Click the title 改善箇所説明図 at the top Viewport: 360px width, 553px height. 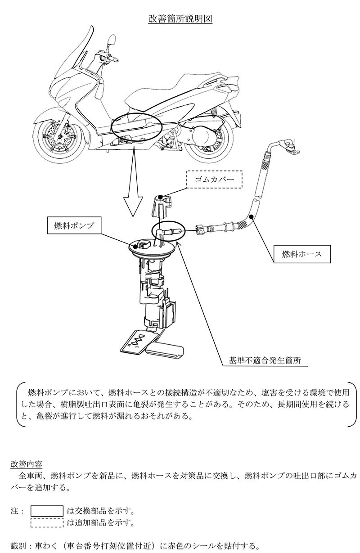click(180, 19)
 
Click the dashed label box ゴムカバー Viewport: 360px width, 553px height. click(214, 179)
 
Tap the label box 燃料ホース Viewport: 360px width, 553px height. click(302, 254)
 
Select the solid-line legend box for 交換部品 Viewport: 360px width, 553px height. click(47, 511)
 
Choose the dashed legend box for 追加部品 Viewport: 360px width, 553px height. click(47, 522)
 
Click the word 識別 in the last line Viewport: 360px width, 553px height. click(18, 546)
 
